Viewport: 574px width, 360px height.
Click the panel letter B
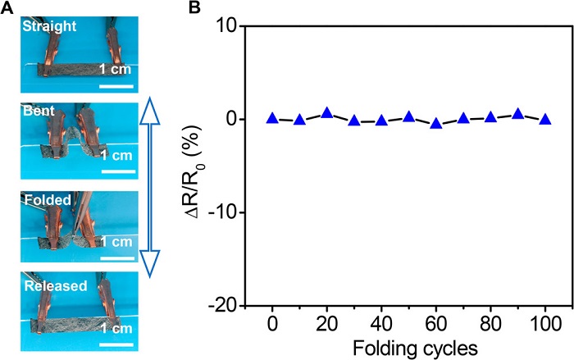194,9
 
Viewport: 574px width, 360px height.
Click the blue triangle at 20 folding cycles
326,113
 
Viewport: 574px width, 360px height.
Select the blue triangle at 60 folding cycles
436,123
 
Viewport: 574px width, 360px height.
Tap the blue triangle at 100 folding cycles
545,119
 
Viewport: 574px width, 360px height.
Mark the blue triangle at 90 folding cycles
517,114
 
